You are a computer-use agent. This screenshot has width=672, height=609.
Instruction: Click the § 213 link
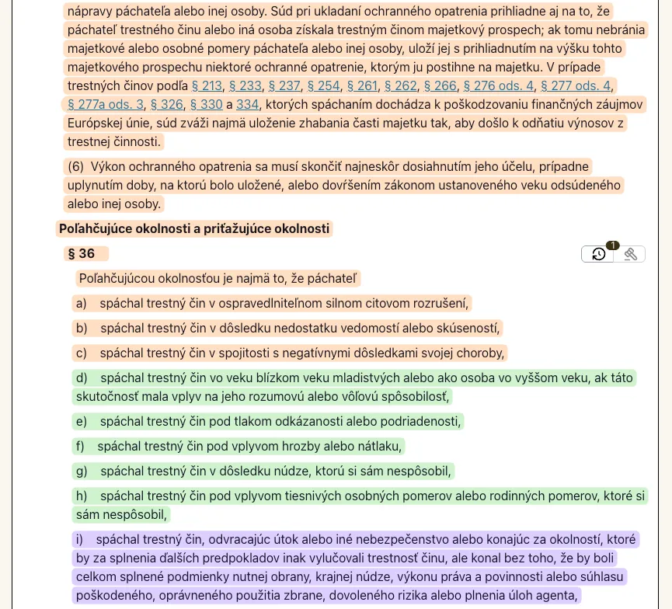pyautogui.click(x=207, y=85)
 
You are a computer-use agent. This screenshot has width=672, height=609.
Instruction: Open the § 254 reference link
pyautogui.click(x=323, y=85)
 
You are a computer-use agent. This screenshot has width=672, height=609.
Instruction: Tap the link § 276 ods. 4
pyautogui.click(x=499, y=85)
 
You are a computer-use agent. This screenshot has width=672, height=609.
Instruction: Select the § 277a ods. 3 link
pyautogui.click(x=106, y=104)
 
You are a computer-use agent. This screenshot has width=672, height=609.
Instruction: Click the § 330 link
pyautogui.click(x=206, y=104)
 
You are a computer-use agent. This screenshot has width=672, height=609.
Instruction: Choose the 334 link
pyautogui.click(x=247, y=104)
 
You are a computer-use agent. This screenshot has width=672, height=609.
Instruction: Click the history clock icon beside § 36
pyautogui.click(x=598, y=254)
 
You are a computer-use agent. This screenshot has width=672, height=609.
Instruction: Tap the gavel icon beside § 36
pyautogui.click(x=631, y=254)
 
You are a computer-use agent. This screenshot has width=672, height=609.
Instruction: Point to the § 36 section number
pyautogui.click(x=82, y=254)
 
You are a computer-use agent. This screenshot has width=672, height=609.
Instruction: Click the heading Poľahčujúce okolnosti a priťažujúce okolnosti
pyautogui.click(x=195, y=228)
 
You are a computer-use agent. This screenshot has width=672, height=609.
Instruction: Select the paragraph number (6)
pyautogui.click(x=75, y=166)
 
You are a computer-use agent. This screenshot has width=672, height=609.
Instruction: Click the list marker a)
pyautogui.click(x=81, y=303)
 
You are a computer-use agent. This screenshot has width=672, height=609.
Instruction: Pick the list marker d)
pyautogui.click(x=81, y=378)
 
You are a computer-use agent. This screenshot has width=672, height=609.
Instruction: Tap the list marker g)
pyautogui.click(x=81, y=471)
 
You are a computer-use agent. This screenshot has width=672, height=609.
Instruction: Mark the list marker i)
pyautogui.click(x=79, y=538)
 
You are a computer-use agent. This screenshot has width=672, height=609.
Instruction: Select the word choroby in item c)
pyautogui.click(x=482, y=353)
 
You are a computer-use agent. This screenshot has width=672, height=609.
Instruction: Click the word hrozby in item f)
pyautogui.click(x=299, y=446)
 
